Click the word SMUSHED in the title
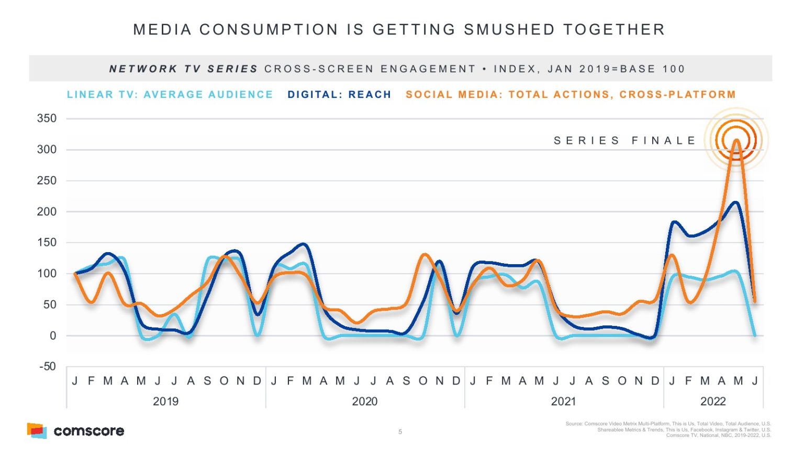click(x=509, y=29)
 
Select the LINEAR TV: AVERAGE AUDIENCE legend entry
click(x=170, y=95)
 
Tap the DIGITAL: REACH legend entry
click(x=339, y=95)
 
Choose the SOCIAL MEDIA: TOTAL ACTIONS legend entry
click(x=571, y=95)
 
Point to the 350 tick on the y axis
click(x=47, y=118)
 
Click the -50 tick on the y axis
click(x=47, y=367)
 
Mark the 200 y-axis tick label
click(x=47, y=212)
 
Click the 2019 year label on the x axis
click(x=165, y=401)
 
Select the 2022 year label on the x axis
click(x=713, y=401)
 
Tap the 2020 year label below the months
click(x=364, y=401)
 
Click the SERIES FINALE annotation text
click(x=625, y=141)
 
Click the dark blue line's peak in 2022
click(x=736, y=202)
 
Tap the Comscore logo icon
click(x=37, y=431)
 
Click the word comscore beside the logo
click(x=89, y=431)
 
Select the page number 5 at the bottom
click(x=400, y=432)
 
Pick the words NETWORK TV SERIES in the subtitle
click(x=183, y=69)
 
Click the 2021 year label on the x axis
click(x=563, y=401)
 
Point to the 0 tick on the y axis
click(x=52, y=336)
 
